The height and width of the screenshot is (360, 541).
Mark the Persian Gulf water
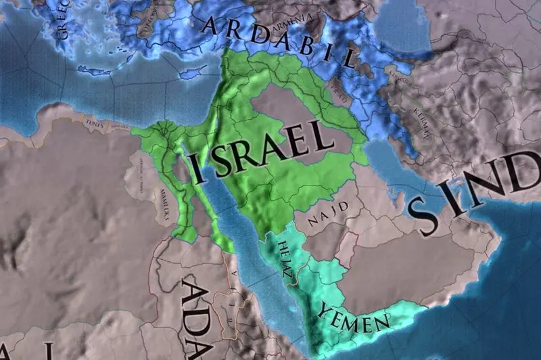click(389, 159)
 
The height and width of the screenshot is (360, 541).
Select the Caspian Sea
click(399, 27)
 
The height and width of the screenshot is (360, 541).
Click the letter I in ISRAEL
click(197, 168)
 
